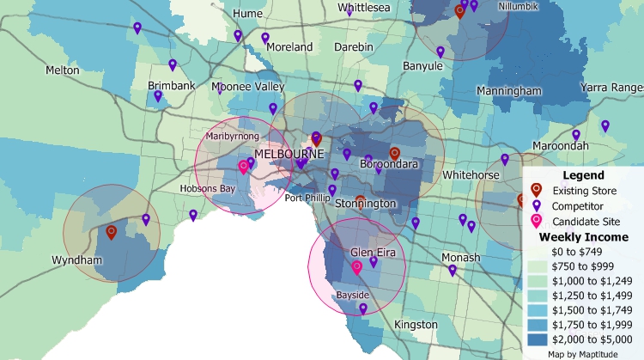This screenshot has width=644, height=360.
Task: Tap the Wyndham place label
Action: pos(76,260)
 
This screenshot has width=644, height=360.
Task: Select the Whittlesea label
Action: pos(364,8)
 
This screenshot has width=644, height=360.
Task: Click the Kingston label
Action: pos(415,325)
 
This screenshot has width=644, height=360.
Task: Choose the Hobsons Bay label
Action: pos(207,189)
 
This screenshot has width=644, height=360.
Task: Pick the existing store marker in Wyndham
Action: pos(111,233)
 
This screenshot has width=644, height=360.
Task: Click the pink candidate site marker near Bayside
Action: pos(357,268)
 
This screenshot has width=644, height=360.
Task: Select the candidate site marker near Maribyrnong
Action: pos(243,167)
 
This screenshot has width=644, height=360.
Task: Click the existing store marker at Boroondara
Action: pos(395,154)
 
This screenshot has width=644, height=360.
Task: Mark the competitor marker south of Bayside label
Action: pos(363,308)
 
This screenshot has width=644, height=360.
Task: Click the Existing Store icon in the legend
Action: pos(536,190)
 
